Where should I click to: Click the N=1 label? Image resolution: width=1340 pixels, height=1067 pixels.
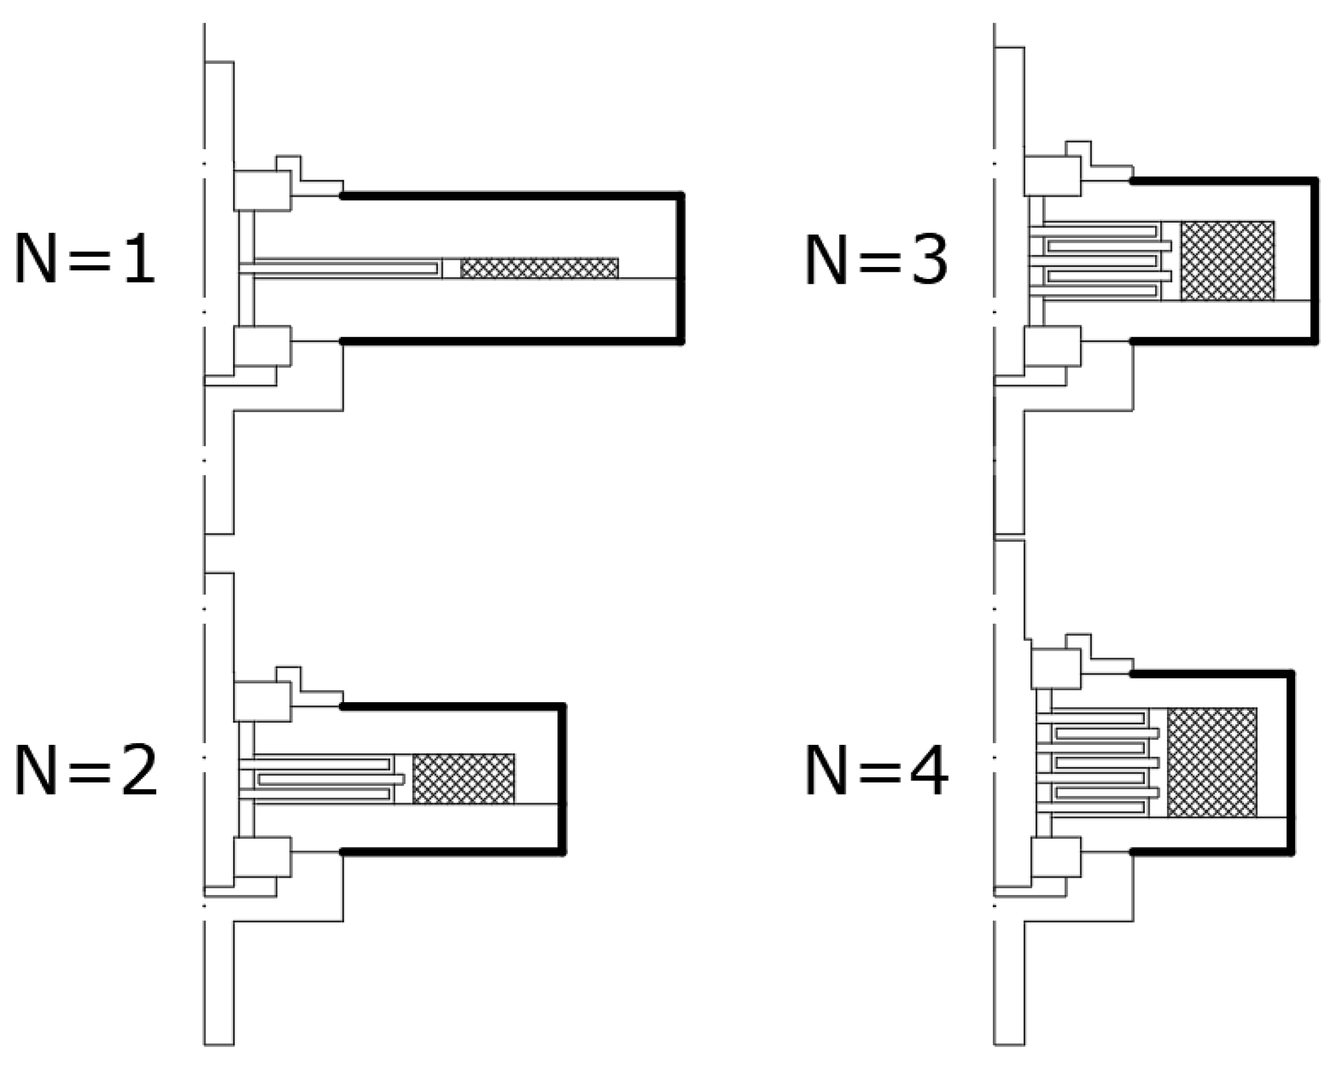click(84, 258)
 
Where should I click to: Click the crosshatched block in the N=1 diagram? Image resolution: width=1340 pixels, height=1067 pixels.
click(539, 268)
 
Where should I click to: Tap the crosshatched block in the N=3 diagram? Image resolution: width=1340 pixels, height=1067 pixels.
click(1228, 261)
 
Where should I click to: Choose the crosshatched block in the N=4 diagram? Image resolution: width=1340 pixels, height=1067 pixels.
click(1212, 762)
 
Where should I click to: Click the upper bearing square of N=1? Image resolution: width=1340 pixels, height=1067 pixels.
click(262, 191)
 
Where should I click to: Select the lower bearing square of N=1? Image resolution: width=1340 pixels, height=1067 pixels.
click(262, 346)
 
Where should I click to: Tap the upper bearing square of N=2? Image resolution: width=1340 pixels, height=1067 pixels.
click(262, 702)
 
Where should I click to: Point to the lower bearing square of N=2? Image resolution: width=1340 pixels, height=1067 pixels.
click(262, 857)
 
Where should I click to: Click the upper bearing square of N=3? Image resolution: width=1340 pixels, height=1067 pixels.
click(1052, 177)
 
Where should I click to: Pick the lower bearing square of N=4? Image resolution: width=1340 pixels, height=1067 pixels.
click(1056, 857)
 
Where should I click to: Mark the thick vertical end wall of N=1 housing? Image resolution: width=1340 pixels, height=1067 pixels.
click(681, 269)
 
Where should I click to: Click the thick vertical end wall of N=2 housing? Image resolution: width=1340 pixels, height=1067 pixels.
click(563, 779)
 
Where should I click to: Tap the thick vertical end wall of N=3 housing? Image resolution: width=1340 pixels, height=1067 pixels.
click(1315, 261)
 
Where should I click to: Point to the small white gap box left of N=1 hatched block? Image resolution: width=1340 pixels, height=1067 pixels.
click(451, 269)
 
